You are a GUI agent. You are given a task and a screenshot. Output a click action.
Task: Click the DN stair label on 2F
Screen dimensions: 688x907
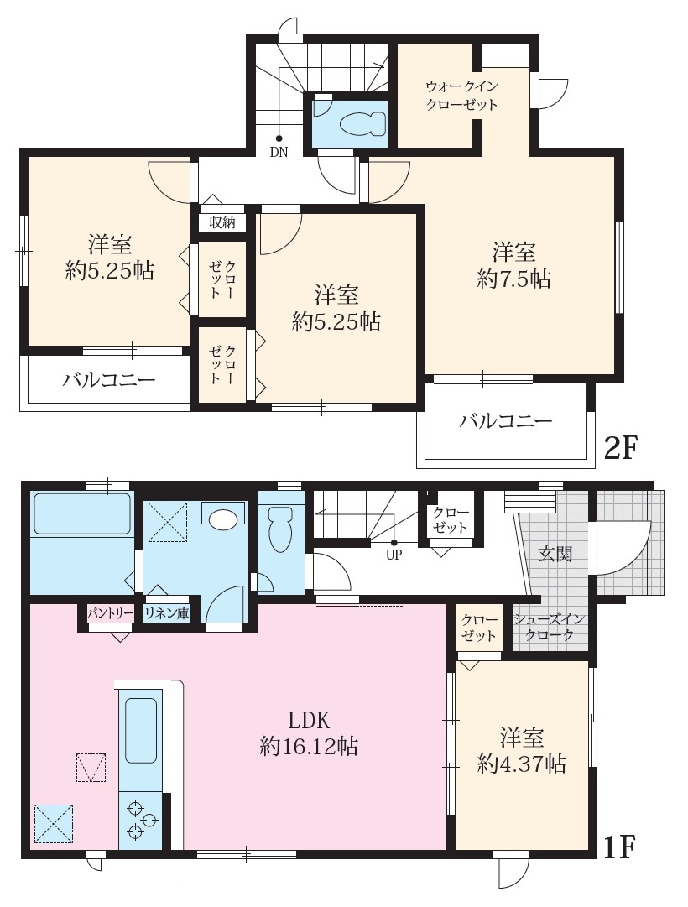point(279,153)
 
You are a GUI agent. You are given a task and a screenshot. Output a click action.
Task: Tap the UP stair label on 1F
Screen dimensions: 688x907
point(394,555)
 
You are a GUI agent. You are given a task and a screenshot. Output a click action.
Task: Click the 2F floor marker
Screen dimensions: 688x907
point(620,447)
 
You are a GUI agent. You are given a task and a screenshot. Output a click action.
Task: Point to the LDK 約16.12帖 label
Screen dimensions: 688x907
point(309,733)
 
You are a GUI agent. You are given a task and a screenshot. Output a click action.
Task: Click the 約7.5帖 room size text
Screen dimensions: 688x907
point(513,279)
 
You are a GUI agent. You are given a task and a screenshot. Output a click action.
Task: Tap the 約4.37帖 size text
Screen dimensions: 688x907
point(521,764)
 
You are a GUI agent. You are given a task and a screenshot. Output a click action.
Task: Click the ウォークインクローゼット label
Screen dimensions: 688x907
point(461,96)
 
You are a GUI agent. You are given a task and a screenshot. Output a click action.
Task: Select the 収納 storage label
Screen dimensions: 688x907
point(222,222)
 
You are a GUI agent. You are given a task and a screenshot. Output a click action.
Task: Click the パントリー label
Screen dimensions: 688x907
point(111,613)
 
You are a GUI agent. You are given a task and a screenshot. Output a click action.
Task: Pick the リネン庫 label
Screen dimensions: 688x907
point(167,613)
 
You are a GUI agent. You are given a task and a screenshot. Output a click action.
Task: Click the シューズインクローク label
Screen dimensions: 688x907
point(549,627)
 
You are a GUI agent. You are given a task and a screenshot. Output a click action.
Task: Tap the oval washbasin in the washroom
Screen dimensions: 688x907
point(223,519)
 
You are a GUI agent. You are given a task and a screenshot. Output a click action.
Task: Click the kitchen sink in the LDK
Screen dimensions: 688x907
point(140,730)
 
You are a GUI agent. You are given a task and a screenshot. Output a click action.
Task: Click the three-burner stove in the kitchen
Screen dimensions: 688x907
point(141,821)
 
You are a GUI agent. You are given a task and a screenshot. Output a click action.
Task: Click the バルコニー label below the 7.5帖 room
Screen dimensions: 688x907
point(506,420)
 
